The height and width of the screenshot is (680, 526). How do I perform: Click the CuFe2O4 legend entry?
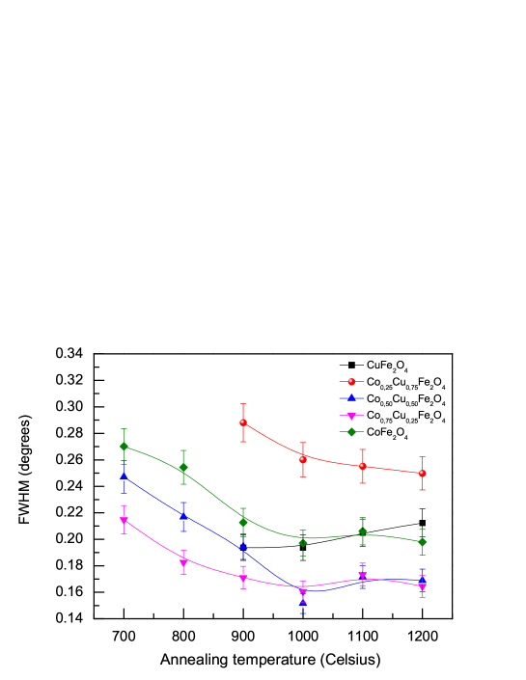[x=387, y=366]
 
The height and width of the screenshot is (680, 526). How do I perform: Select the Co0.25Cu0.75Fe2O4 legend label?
[x=405, y=383]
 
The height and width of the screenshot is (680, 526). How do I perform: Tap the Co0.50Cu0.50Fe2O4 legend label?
[x=405, y=399]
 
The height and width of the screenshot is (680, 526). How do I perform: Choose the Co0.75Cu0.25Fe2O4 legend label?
[x=405, y=416]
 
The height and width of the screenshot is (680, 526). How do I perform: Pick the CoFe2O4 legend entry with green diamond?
[x=387, y=432]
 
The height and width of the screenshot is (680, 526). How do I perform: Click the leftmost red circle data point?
[x=243, y=422]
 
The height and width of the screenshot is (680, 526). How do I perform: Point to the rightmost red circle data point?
[x=422, y=474]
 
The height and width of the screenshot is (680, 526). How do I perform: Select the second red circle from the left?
[x=303, y=459]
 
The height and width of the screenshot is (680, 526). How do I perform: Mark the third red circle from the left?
[x=363, y=466]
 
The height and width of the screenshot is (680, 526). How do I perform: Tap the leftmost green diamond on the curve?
[x=124, y=446]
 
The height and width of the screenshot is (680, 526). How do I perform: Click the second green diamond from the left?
[x=183, y=468]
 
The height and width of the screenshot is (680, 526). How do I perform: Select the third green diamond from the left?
[x=243, y=522]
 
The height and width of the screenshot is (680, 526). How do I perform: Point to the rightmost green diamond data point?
[x=422, y=542]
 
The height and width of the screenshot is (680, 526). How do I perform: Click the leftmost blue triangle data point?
[x=124, y=476]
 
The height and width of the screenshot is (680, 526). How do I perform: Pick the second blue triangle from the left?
[x=183, y=515]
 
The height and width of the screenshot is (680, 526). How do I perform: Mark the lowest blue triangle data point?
[x=303, y=603]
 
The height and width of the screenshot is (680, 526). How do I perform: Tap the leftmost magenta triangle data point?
[x=124, y=521]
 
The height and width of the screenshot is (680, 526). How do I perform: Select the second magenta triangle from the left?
[x=183, y=561]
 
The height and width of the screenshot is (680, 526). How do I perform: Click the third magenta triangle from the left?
[x=243, y=579]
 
